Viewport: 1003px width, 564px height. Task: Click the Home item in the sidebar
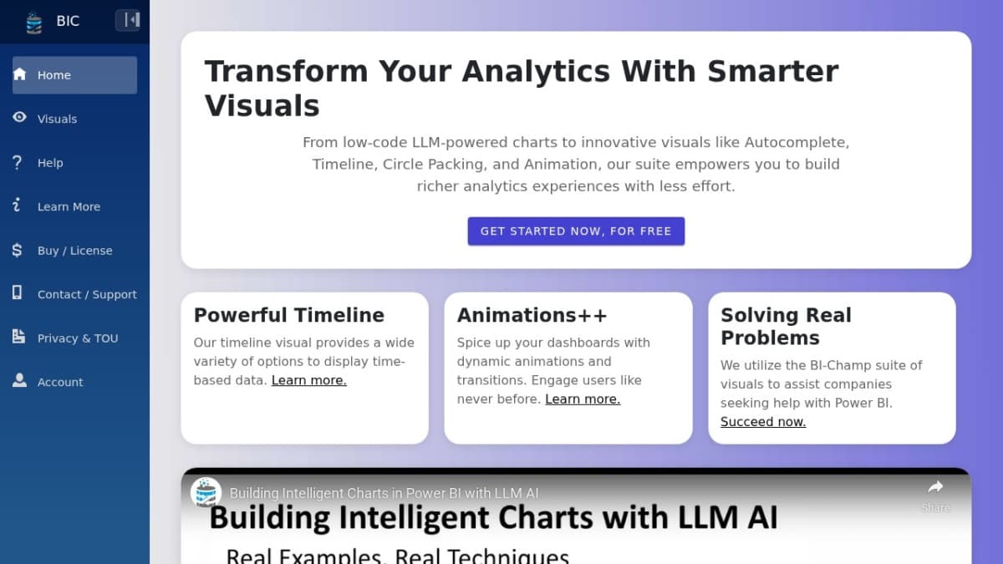click(74, 74)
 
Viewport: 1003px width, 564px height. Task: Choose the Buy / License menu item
click(74, 250)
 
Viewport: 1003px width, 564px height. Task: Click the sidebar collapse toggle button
click(128, 20)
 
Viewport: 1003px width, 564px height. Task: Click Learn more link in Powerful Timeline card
click(309, 380)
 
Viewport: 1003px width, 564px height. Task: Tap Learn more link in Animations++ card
click(583, 399)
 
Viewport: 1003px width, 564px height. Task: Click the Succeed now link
click(763, 422)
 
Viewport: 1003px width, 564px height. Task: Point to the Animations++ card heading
click(532, 315)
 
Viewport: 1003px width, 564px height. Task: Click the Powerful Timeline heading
click(289, 315)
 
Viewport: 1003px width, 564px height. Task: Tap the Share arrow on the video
click(935, 487)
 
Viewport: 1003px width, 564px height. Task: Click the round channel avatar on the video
click(206, 492)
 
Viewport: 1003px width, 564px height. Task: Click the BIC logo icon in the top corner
click(34, 23)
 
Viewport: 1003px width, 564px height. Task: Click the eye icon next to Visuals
click(19, 117)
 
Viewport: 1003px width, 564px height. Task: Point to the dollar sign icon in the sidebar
click(17, 250)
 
